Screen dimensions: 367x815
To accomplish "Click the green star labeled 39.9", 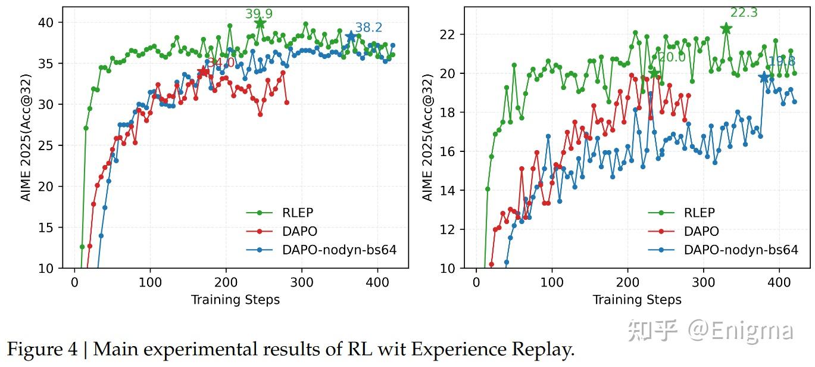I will pos(260,23).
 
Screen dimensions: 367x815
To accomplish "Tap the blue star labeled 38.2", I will pos(351,37).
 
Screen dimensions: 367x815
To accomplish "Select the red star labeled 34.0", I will pos(204,72).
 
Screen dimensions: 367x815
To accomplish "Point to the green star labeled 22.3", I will pos(726,29).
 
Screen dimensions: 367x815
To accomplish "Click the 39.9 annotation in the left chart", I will pos(259,14).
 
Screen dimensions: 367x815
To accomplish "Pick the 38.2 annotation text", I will pos(369,27).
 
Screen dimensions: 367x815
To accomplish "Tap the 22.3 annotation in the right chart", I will pos(744,13).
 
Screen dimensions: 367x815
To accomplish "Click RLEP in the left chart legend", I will pos(298,213).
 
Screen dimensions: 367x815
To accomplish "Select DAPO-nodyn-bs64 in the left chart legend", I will pos(339,250).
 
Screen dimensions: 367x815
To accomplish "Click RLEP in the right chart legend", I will pos(700,213).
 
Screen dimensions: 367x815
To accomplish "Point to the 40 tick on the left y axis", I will pos(46,23).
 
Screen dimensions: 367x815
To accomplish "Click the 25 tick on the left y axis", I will pos(46,145).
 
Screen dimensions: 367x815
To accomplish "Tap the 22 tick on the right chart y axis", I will pos(447,35).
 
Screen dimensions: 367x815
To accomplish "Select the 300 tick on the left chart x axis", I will pos(302,281).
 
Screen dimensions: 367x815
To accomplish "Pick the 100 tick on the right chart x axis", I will pos(552,281).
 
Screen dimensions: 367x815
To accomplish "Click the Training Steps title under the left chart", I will pos(235,300).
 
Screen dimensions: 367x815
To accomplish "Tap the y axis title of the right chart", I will pos(427,138).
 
